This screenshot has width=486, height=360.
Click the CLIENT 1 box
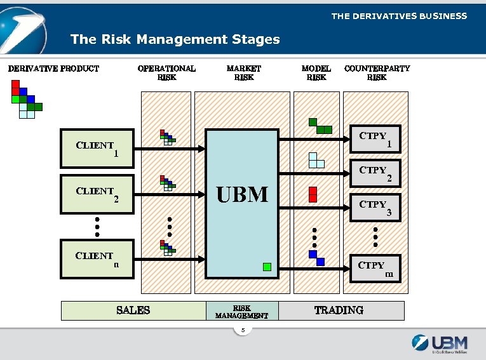point(97,149)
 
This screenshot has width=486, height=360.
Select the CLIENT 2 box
point(97,194)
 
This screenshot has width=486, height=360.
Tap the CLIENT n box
point(97,259)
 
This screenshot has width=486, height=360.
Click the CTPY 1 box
point(376,139)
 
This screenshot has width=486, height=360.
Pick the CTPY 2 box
point(376,173)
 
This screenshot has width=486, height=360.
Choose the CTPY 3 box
point(376,207)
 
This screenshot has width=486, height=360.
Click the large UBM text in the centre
point(243,194)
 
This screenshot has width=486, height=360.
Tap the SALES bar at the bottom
point(133,310)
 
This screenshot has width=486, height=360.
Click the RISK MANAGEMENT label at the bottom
point(242,311)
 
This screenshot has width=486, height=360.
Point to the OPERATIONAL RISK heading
point(166,72)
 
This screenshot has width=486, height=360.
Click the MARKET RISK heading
point(244,72)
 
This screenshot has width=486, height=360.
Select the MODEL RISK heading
point(316,72)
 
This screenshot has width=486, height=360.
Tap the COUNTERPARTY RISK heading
point(377,72)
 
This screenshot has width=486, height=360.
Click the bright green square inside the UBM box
point(267,267)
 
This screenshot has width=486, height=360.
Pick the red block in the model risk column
point(313,194)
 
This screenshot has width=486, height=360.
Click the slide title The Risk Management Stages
point(175,39)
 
